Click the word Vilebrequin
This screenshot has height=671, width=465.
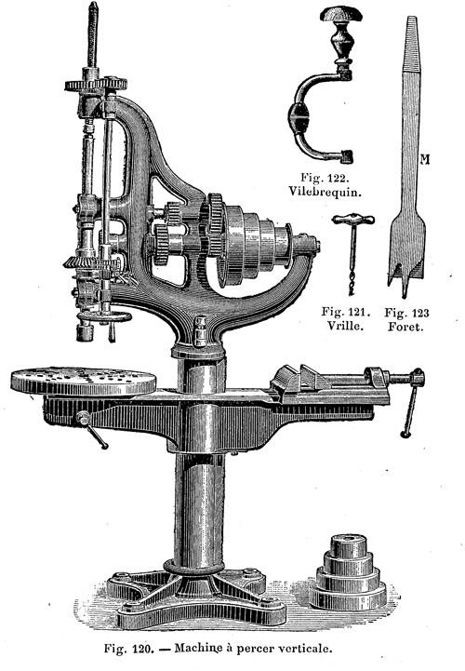(x=325, y=191)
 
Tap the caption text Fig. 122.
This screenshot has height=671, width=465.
(x=325, y=177)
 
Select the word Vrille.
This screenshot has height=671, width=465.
(x=346, y=326)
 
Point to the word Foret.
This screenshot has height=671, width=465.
(x=405, y=327)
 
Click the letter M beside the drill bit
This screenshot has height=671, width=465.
(x=425, y=160)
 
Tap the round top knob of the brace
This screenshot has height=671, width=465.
(x=341, y=14)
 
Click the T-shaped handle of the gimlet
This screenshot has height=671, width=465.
(x=353, y=220)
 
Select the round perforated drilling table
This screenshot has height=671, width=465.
(x=84, y=381)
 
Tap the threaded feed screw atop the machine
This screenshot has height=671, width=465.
(x=93, y=34)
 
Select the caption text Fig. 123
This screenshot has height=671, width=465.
(x=406, y=313)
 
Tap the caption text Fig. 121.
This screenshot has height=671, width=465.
(x=346, y=312)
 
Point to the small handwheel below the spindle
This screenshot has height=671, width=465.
(x=105, y=317)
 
